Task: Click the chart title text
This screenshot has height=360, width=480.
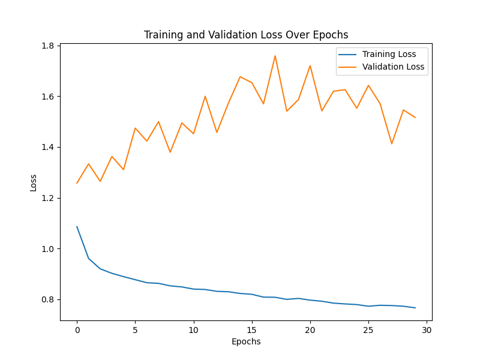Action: tap(246, 35)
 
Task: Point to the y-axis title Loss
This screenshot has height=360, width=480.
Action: tap(34, 182)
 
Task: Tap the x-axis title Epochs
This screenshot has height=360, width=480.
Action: tap(246, 341)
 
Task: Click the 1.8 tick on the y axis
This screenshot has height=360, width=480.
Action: tap(48, 46)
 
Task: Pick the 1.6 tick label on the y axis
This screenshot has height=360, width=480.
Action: tap(48, 97)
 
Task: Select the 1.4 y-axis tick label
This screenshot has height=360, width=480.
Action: tap(48, 147)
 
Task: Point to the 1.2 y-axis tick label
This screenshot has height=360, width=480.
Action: tap(48, 198)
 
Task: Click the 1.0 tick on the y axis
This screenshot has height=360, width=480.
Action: tap(48, 248)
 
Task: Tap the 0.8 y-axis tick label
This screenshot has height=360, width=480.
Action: tap(48, 299)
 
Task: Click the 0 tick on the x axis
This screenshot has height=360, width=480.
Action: tap(77, 330)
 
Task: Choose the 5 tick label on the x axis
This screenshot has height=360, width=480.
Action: tap(135, 330)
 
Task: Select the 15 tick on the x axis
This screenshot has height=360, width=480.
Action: tap(252, 330)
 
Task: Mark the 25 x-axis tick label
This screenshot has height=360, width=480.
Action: tap(368, 330)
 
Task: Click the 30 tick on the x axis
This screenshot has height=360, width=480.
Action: tap(427, 330)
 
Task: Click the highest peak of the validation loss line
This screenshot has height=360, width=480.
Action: tap(275, 56)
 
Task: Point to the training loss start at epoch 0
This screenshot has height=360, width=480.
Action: tap(77, 227)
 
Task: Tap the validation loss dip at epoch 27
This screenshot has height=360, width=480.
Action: tap(392, 143)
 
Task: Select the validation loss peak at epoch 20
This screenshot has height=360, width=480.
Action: tap(310, 65)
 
